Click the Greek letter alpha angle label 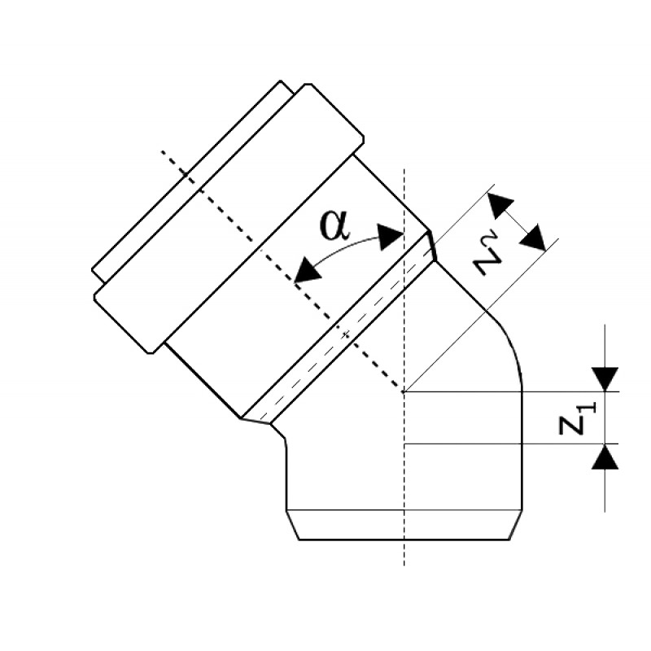click(335, 226)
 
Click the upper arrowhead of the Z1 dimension click(605, 379)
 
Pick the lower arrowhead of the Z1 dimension click(605, 457)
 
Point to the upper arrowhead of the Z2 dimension click(500, 206)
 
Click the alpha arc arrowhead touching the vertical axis click(391, 237)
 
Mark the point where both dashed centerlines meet click(404, 391)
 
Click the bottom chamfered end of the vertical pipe click(404, 525)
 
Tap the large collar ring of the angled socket click(229, 219)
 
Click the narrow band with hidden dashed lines click(339, 328)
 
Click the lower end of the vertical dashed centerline click(404, 565)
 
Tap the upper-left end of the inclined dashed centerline click(162, 151)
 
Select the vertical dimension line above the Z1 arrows click(605, 346)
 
